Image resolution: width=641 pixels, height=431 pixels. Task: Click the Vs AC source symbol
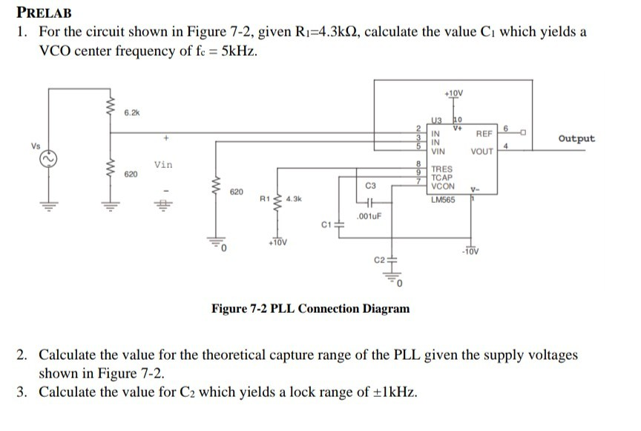(x=51, y=159)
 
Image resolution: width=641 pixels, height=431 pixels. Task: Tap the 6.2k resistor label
(x=131, y=112)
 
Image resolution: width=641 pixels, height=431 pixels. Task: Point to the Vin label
(x=163, y=164)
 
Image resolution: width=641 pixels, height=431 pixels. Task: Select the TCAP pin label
(x=443, y=178)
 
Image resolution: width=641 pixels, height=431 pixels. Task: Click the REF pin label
(x=484, y=135)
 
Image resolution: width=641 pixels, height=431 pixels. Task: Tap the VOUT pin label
(x=483, y=152)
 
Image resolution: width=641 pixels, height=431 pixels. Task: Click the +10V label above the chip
(x=453, y=93)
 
